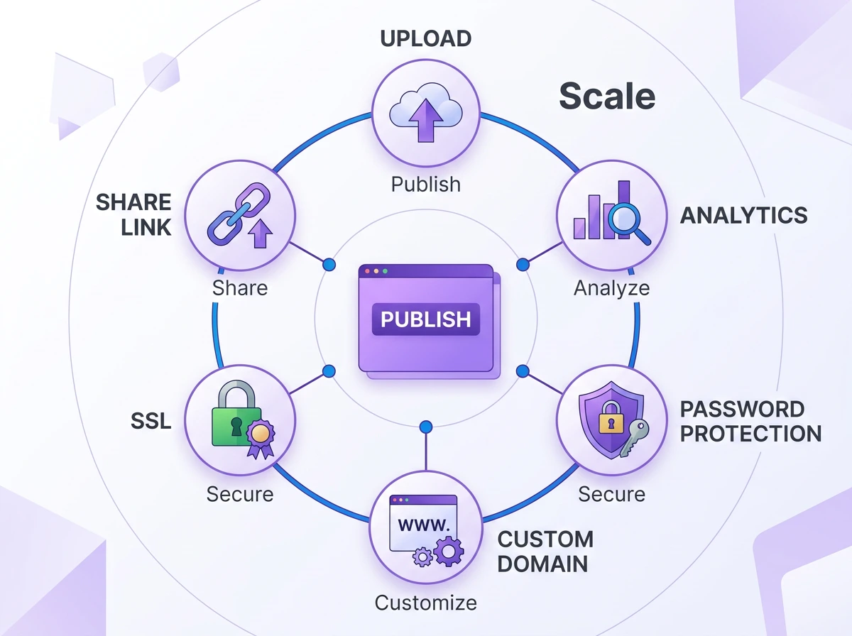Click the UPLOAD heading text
(426, 39)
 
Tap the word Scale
(607, 96)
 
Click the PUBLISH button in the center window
(426, 319)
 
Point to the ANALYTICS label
(743, 215)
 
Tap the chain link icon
(239, 214)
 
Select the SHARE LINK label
(133, 214)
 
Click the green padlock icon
(236, 413)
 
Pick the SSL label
(151, 421)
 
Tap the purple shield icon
(611, 420)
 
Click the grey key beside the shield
(634, 437)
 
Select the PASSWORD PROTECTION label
(750, 422)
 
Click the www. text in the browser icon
(424, 525)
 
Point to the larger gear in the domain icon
(449, 551)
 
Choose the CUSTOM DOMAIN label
(545, 552)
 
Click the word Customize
(426, 603)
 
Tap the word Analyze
(612, 288)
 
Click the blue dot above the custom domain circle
(426, 427)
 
